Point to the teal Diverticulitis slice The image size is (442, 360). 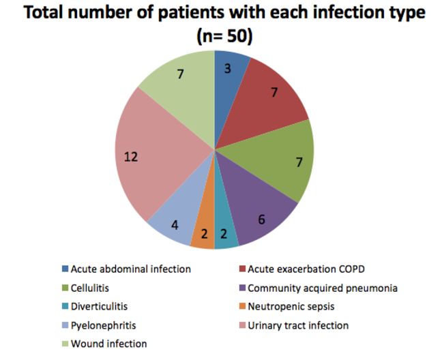pyautogui.click(x=226, y=233)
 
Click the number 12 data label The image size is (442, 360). pyautogui.click(x=131, y=156)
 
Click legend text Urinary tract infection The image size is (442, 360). pyautogui.click(x=298, y=325)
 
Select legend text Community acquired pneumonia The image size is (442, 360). pyautogui.click(x=322, y=288)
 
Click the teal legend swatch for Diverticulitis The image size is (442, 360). pyautogui.click(x=65, y=307)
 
